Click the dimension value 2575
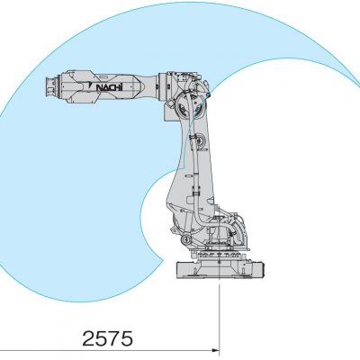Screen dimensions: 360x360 pos(107,338)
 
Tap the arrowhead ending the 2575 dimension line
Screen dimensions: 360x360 pos(216,350)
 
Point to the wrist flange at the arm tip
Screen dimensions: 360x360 pos(49,86)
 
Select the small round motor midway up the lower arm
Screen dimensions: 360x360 pos(199,139)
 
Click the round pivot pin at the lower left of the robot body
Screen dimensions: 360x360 pos(186,239)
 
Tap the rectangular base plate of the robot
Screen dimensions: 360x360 pos(220,270)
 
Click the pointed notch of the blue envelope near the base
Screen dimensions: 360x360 pos(163,261)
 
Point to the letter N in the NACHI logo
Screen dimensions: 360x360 pos(99,87)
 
